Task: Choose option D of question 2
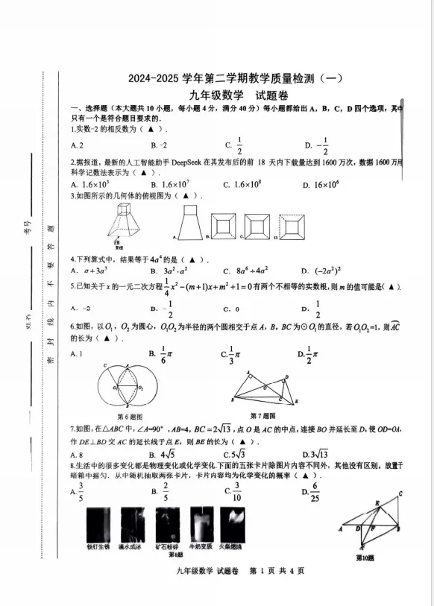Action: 321,184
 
